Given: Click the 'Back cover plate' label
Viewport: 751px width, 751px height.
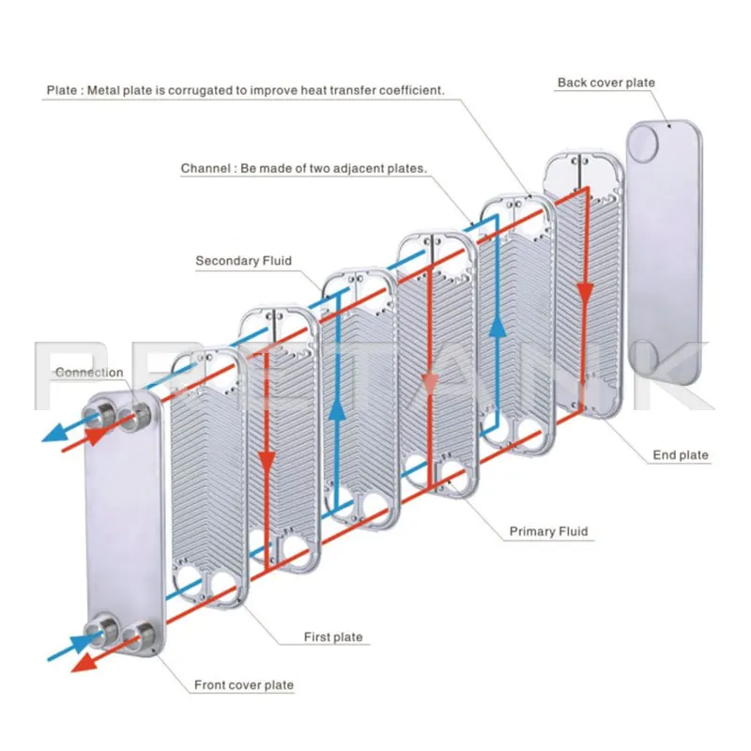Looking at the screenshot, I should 605,83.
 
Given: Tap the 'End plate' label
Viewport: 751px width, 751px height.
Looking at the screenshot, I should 681,455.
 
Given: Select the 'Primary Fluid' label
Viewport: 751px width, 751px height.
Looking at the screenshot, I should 548,531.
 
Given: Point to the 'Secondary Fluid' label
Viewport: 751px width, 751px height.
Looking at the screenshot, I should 243,261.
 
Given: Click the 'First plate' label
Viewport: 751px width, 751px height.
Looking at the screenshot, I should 332,637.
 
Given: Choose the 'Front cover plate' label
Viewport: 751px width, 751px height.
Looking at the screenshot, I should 243,685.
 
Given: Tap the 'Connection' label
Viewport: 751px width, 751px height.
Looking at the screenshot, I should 89,373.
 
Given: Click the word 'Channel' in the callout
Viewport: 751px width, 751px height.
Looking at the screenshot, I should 205,168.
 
